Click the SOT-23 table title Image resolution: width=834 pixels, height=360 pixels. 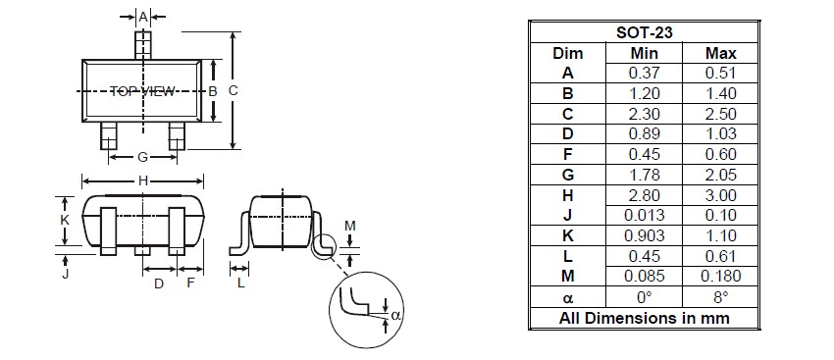pyautogui.click(x=644, y=33)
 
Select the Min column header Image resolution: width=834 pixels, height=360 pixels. pyautogui.click(x=644, y=53)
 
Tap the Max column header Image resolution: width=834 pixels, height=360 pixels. pyautogui.click(x=721, y=53)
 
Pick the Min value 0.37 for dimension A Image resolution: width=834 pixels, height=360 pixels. pyautogui.click(x=644, y=73)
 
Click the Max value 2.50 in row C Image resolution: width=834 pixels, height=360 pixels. pyautogui.click(x=721, y=114)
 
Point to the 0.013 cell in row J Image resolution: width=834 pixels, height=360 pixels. pyautogui.click(x=644, y=216)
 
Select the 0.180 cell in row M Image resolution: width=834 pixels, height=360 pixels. pyautogui.click(x=721, y=276)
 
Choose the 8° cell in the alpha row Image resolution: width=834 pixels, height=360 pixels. pyautogui.click(x=721, y=296)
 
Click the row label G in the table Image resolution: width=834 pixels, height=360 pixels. pyautogui.click(x=567, y=175)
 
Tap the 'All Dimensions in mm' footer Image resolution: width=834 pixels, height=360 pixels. pyautogui.click(x=644, y=318)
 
